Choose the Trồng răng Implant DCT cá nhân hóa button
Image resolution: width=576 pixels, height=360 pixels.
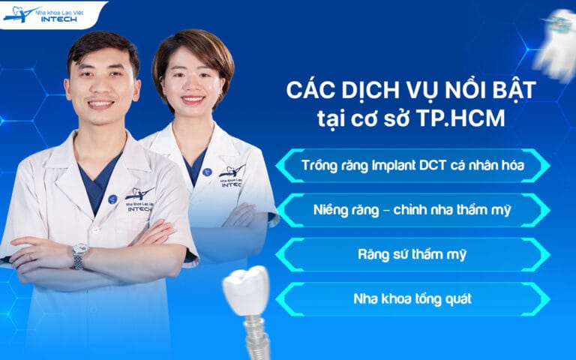tap(412, 165)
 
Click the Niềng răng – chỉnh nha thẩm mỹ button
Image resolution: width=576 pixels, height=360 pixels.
tap(412, 210)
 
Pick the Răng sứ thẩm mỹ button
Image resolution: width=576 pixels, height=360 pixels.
tap(412, 254)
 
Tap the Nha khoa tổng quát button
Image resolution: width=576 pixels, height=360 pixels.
tap(412, 298)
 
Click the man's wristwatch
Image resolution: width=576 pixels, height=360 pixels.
tap(79, 255)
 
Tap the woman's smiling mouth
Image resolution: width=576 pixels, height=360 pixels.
tap(193, 99)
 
